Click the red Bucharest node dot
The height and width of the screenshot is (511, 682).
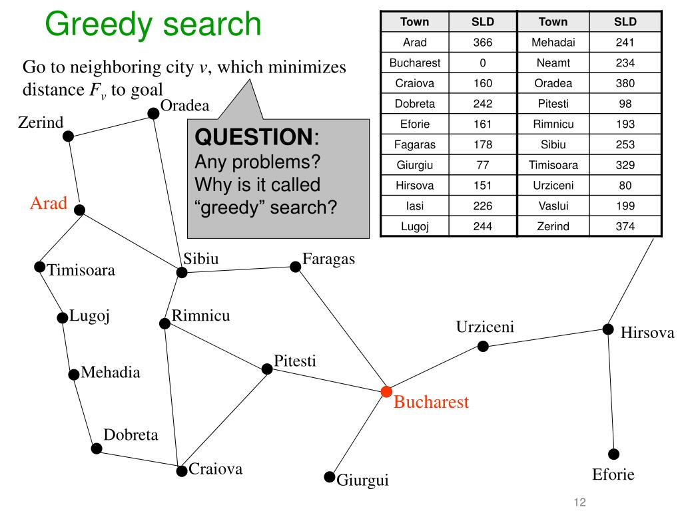(386, 391)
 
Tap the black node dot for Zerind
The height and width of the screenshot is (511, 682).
(69, 136)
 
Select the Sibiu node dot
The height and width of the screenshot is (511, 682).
(182, 272)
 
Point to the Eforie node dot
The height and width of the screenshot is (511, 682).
(613, 454)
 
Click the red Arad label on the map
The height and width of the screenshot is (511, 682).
(49, 203)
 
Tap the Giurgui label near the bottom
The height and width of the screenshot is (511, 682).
(362, 480)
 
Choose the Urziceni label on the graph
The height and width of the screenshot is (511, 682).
(485, 326)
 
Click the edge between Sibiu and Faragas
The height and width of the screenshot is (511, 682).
(238, 269)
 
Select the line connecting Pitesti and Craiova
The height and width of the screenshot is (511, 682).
(224, 420)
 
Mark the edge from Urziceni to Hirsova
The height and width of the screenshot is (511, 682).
(545, 337)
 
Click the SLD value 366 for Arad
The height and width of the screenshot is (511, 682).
(482, 42)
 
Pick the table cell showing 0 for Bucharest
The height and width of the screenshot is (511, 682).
(482, 63)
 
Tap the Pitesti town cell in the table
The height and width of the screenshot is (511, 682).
(553, 103)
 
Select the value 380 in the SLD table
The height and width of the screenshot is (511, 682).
(625, 83)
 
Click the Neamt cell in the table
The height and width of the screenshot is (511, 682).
(553, 63)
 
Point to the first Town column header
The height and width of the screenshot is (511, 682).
(414, 22)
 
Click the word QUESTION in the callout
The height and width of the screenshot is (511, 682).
(254, 136)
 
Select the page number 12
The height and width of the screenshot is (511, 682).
(580, 502)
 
